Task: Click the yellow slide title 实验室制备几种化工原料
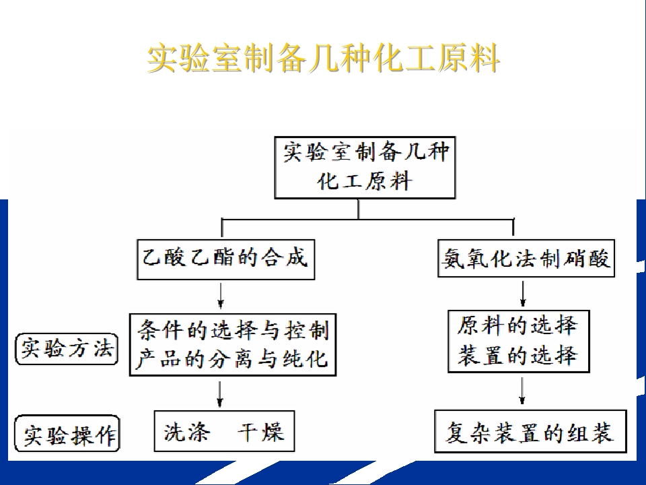tap(324, 59)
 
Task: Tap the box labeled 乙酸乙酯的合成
tap(226, 259)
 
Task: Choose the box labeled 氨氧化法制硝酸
tap(526, 258)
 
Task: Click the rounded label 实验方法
tap(67, 350)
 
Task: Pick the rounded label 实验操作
tap(67, 434)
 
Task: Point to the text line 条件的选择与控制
tap(234, 330)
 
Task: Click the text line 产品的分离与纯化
tap(231, 358)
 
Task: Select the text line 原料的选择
tap(517, 325)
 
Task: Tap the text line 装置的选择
tap(517, 355)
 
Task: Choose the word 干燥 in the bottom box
tap(260, 432)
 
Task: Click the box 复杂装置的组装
tap(531, 431)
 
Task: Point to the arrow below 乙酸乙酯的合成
tap(221, 295)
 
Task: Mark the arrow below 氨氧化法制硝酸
tap(523, 294)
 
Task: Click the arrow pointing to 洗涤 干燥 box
tap(219, 394)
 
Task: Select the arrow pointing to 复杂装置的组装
tap(522, 391)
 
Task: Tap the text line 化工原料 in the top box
tap(365, 181)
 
